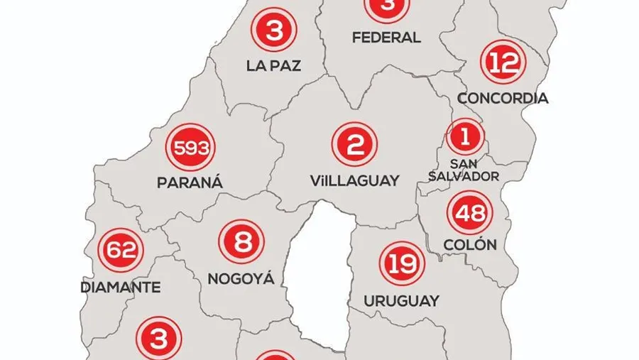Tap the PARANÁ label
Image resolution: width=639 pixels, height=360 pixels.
(190, 183)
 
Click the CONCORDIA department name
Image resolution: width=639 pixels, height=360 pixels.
(503, 98)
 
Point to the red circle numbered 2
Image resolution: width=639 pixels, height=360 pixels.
(354, 145)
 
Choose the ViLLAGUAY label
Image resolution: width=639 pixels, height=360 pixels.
(354, 180)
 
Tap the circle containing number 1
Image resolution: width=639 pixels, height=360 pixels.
(464, 135)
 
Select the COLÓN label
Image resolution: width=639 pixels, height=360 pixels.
(469, 245)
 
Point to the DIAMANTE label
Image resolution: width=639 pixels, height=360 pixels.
(120, 288)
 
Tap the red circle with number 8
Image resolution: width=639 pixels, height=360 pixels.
(241, 243)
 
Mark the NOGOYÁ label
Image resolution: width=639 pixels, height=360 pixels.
(241, 278)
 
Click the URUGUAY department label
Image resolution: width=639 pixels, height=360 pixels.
(401, 300)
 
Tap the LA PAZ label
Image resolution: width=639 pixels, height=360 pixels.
(274, 66)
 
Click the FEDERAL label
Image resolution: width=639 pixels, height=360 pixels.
(386, 37)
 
